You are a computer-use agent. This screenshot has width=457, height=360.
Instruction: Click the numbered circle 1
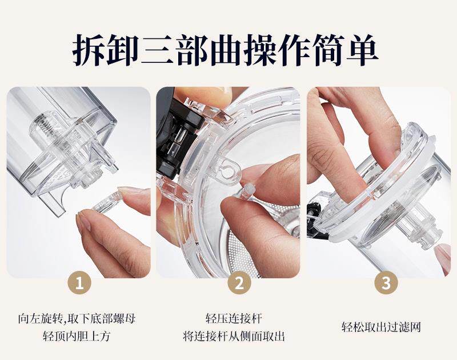(79, 283)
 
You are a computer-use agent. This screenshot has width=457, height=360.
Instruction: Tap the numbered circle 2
(239, 283)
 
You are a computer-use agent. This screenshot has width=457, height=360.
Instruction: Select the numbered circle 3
(386, 283)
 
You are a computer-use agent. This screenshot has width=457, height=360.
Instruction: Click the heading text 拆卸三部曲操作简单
(225, 50)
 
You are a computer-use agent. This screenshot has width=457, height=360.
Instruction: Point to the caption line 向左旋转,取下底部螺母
(77, 318)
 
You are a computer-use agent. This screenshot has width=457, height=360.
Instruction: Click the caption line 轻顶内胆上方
(77, 336)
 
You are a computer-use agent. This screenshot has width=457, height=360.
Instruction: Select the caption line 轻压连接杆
(234, 318)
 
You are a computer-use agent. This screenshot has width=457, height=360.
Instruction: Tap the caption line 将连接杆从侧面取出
(234, 336)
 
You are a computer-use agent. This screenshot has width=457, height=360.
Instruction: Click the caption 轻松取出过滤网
(381, 327)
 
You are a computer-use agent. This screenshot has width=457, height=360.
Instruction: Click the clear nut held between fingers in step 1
(106, 201)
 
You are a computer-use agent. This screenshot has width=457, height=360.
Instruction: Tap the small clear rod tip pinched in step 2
(247, 191)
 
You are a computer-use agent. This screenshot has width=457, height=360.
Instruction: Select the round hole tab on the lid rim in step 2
(228, 169)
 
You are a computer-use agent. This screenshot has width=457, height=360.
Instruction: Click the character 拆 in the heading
(88, 50)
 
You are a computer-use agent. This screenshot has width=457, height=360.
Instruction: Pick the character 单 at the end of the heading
(363, 49)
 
